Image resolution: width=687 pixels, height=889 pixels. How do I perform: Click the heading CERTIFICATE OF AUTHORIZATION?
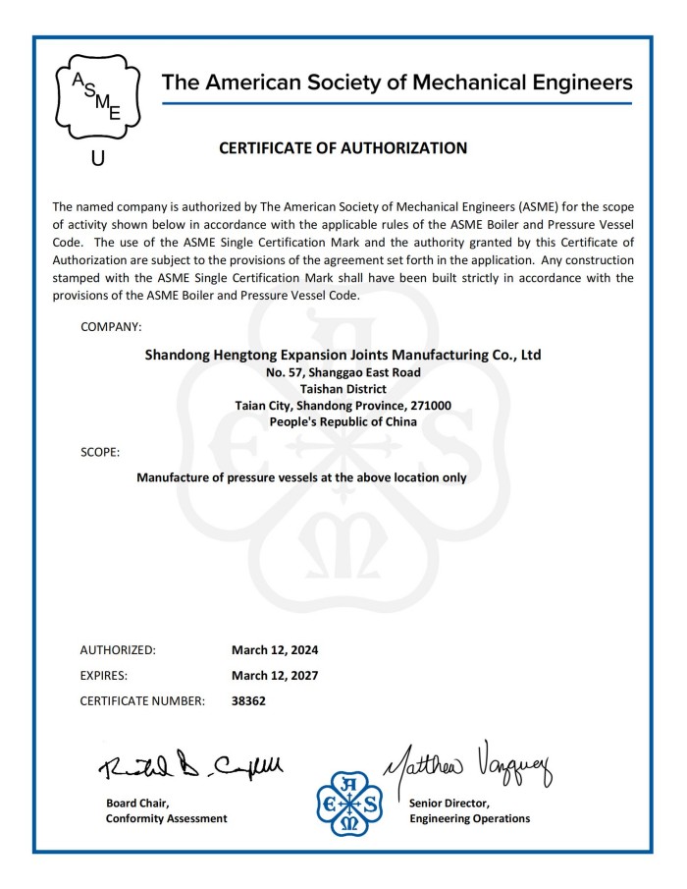click(343, 148)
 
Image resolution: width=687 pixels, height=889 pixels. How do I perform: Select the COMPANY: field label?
click(111, 325)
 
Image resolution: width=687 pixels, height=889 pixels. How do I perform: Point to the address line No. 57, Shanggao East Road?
click(343, 372)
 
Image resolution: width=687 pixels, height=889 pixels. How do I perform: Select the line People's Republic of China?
click(343, 421)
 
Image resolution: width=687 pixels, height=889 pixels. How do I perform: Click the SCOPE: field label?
click(100, 452)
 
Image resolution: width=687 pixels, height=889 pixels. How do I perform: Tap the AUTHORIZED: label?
click(118, 650)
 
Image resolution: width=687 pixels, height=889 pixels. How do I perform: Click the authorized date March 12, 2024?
click(275, 650)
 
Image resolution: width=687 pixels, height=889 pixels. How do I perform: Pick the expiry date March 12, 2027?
click(275, 676)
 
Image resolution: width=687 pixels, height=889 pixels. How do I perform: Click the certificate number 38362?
click(248, 701)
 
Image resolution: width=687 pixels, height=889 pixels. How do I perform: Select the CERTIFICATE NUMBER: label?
click(142, 701)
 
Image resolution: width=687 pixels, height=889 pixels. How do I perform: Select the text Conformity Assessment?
click(166, 818)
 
